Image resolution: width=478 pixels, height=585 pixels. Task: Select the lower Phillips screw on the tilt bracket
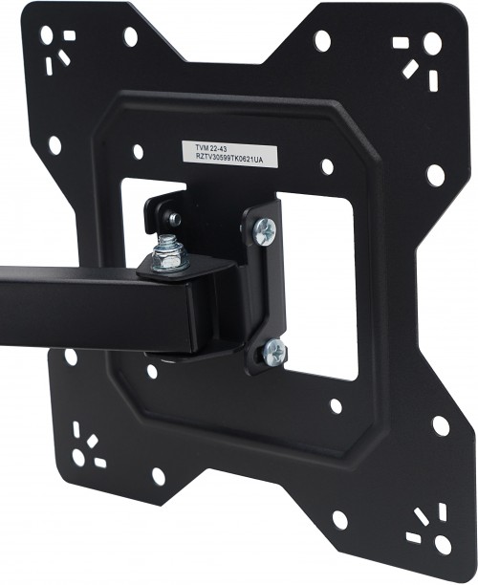click(274, 352)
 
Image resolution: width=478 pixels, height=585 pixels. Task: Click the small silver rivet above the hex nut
click(174, 218)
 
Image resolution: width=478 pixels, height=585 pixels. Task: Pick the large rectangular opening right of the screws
click(316, 286)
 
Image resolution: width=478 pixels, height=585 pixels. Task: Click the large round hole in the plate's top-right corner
click(432, 42)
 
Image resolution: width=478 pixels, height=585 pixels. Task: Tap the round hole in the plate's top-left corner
click(47, 35)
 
